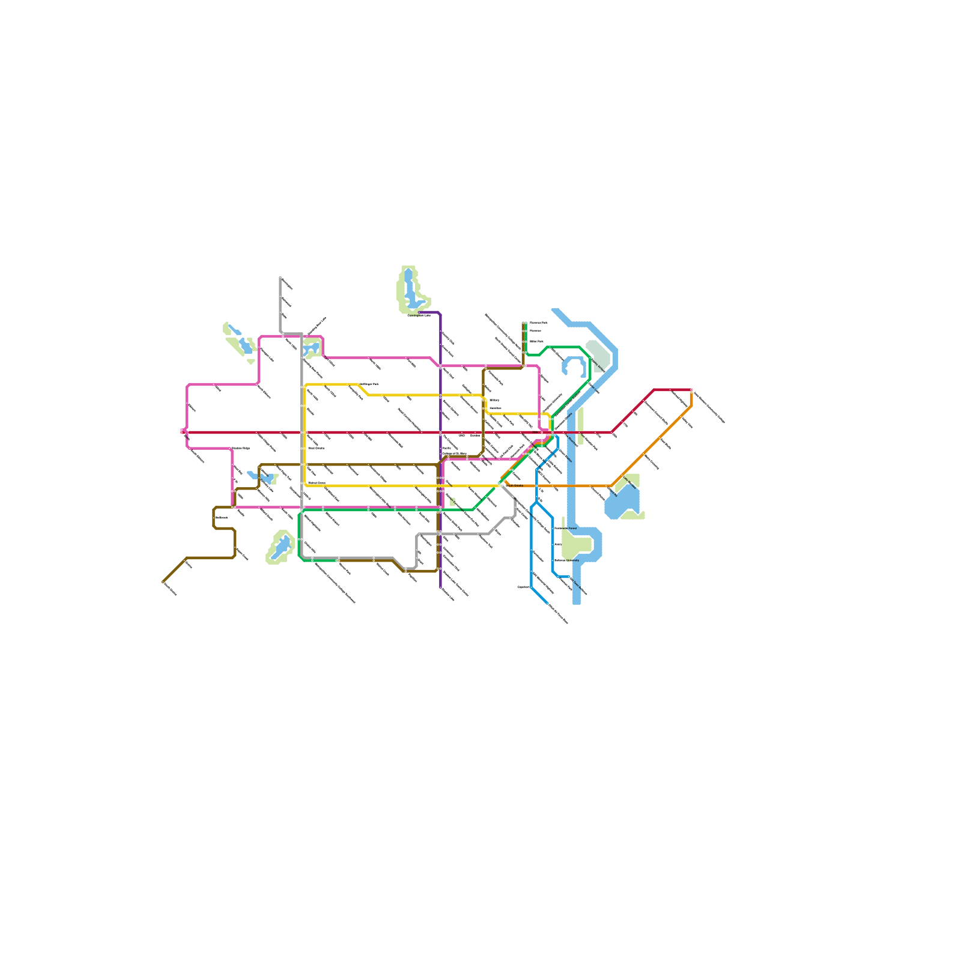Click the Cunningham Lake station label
click(x=419, y=315)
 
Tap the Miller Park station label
click(x=536, y=341)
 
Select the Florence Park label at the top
click(x=539, y=323)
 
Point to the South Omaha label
click(x=514, y=485)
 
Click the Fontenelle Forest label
click(x=565, y=529)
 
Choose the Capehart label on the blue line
click(x=523, y=587)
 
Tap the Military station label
click(x=494, y=400)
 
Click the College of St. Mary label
click(x=455, y=453)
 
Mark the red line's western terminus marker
click(x=182, y=431)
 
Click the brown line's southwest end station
click(x=163, y=581)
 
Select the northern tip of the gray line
click(x=280, y=277)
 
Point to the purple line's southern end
click(x=440, y=587)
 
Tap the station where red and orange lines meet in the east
click(x=691, y=390)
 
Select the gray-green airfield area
click(x=598, y=354)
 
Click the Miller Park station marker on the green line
click(x=524, y=341)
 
